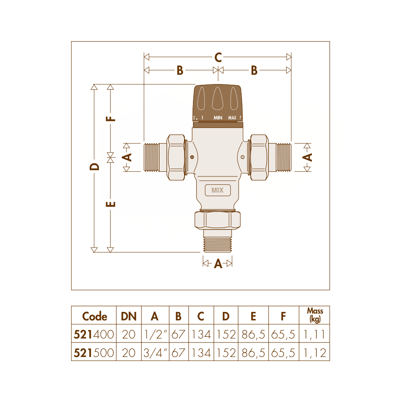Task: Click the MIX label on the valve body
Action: [217, 190]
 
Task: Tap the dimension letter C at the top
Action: [218, 57]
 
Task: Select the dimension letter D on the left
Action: [94, 167]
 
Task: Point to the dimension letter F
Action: [111, 119]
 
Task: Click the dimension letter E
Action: [111, 204]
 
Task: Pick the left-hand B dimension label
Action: [180, 70]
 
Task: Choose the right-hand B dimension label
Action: [254, 70]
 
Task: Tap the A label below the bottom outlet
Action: [218, 264]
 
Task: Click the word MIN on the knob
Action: [218, 118]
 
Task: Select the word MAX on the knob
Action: [232, 118]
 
